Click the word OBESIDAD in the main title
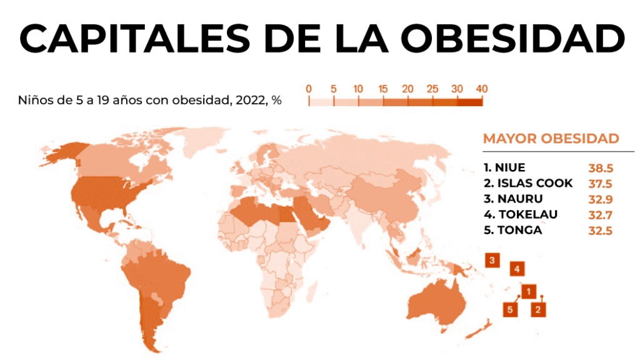pos(512,38)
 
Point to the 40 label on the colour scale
pos(481,89)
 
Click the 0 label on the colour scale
pos(309,89)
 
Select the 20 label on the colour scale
pos(407,89)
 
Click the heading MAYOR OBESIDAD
pos(551,138)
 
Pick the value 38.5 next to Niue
pos(599,168)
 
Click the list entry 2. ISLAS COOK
pos(528,183)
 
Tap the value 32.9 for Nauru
pos(599,199)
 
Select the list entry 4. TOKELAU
pos(520,214)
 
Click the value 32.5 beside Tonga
pos(599,231)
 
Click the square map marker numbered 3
pos(492,259)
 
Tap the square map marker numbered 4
pos(517,269)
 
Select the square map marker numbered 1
pos(529,291)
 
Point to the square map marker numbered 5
pos(511,308)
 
